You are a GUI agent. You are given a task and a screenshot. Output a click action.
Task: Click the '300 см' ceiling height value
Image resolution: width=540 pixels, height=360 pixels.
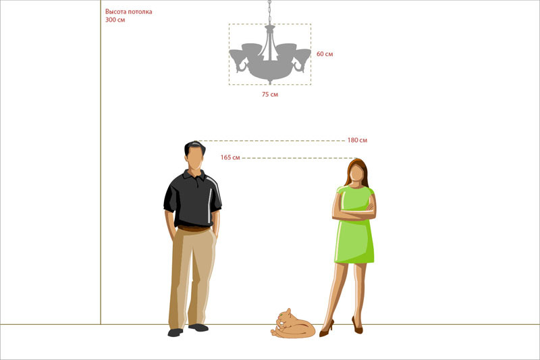tap(115, 20)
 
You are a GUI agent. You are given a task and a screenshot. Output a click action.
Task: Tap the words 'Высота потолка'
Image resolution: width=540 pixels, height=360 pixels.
tap(128, 11)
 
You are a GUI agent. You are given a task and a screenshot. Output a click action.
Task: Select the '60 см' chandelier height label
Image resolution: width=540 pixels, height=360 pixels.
tap(325, 54)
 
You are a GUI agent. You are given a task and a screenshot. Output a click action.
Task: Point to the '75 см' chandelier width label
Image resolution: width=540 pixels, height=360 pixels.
tap(269, 94)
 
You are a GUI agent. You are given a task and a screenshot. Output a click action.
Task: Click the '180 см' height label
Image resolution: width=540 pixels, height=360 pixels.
tap(357, 140)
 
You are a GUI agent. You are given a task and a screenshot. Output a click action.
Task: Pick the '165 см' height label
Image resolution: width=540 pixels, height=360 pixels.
tap(230, 157)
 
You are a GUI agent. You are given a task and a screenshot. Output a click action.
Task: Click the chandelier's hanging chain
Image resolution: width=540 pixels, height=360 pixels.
tap(269, 12)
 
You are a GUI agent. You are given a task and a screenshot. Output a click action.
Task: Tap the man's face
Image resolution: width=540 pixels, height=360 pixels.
tap(195, 159)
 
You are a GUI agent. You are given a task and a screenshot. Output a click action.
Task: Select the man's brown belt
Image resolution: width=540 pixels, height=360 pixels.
tap(194, 228)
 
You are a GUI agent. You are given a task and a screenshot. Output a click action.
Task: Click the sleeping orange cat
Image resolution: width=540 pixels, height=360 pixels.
tap(293, 324)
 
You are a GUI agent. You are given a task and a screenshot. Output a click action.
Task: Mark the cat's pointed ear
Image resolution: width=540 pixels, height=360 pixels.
tap(289, 311)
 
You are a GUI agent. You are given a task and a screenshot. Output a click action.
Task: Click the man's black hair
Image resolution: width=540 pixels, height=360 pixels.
tap(194, 146)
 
